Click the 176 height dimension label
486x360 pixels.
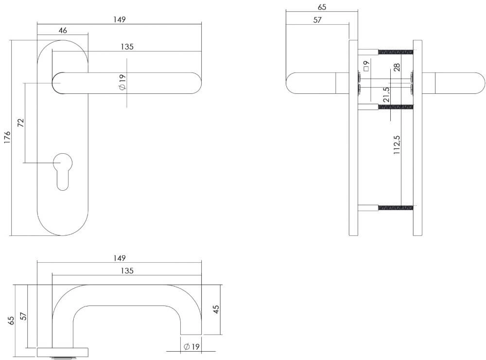7,138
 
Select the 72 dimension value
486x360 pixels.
20,122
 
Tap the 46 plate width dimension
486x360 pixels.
63,30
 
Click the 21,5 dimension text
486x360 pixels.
385,95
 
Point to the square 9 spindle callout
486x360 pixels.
366,65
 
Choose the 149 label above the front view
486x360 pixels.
120,19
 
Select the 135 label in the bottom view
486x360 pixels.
126,270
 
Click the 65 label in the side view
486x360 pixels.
322,7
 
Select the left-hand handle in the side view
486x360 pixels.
316,83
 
